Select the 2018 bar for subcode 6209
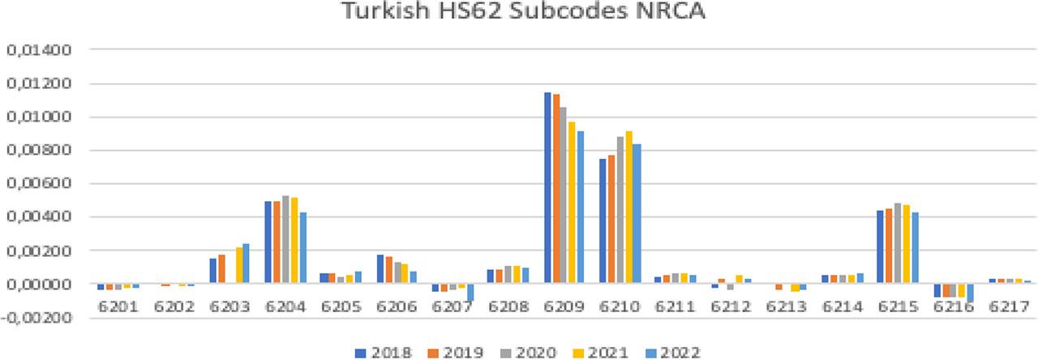pos(548,188)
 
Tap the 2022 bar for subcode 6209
pos(580,208)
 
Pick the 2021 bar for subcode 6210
pos(628,208)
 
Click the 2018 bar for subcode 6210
pos(603,221)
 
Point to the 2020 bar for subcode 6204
pos(285,240)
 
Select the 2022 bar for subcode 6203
pos(246,264)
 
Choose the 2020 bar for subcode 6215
pos(899,243)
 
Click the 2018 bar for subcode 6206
pos(380,269)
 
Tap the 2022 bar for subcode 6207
pos(470,293)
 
